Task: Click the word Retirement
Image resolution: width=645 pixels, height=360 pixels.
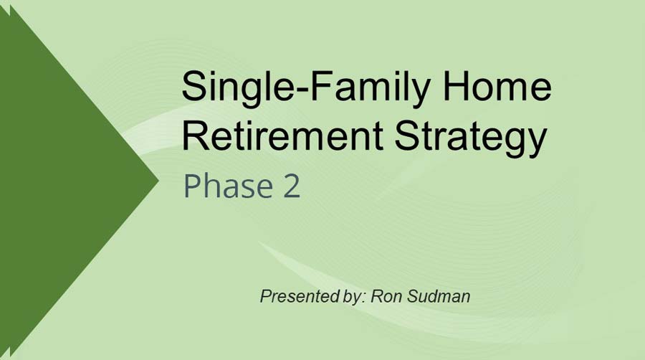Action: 283,136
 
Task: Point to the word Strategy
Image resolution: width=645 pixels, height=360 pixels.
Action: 470,137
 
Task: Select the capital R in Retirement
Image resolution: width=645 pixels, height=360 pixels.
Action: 194,136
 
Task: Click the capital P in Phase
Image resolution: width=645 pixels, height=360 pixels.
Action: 192,186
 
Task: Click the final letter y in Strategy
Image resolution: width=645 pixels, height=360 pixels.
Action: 537,141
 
